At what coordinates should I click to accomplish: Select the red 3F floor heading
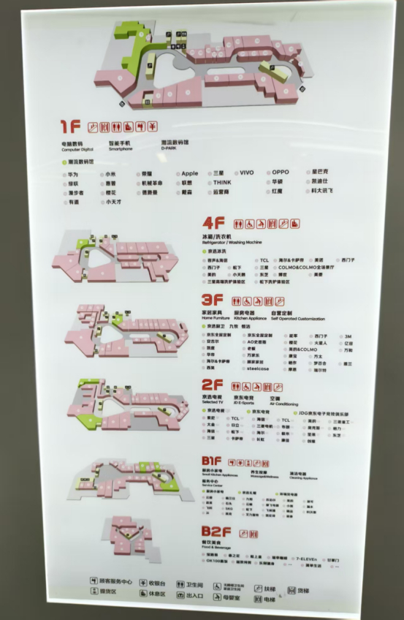(x=213, y=300)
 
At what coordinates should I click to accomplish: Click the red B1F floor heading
(x=212, y=462)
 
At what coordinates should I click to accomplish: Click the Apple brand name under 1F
(x=189, y=173)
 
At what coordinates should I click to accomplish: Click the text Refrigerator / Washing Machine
(x=233, y=242)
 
